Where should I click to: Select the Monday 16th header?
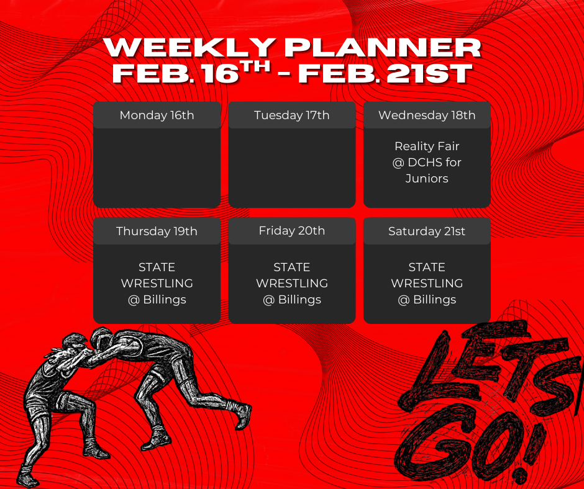click(157, 115)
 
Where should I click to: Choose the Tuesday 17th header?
click(292, 115)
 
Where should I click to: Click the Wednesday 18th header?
click(427, 115)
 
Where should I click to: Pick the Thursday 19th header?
click(157, 231)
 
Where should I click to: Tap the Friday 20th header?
click(292, 231)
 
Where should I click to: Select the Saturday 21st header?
click(427, 231)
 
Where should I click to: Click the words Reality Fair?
click(427, 146)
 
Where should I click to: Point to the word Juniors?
click(427, 179)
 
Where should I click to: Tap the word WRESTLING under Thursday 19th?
click(157, 284)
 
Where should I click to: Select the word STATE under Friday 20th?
click(292, 267)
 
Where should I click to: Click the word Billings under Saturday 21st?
click(434, 300)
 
